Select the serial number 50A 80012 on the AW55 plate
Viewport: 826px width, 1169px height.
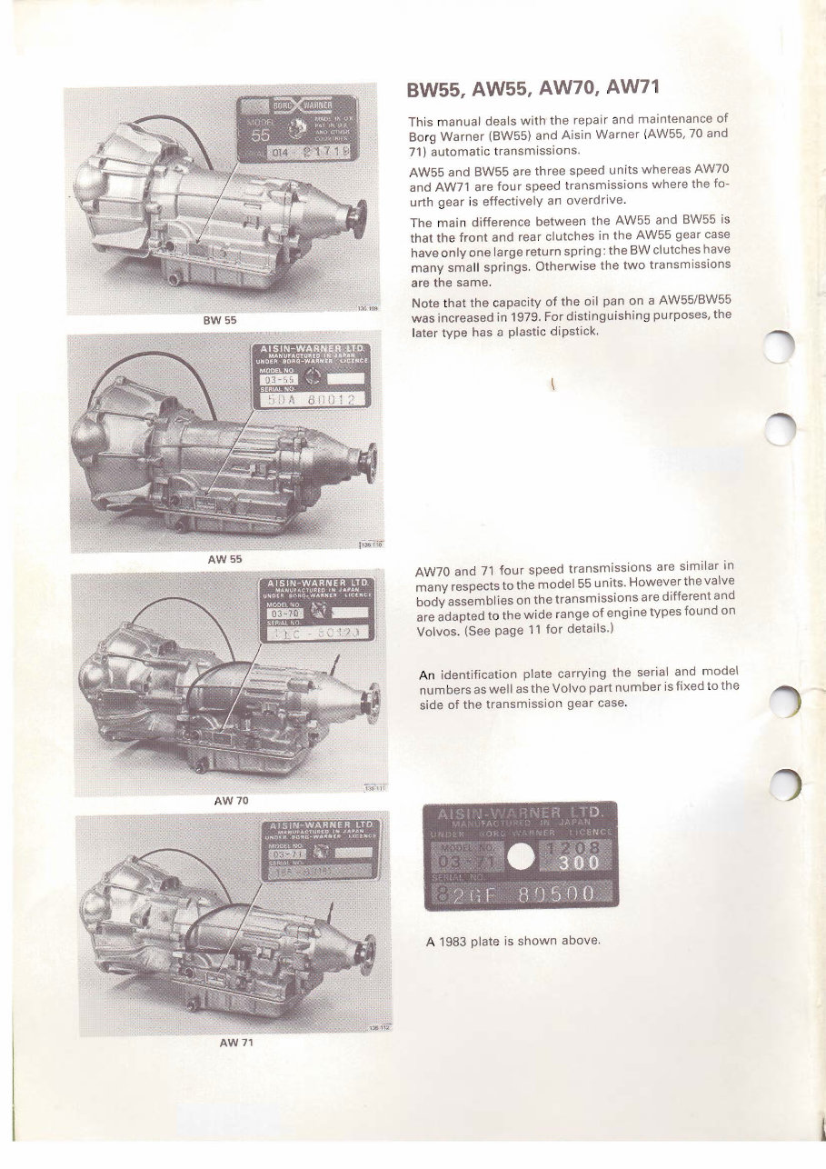tap(312, 400)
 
